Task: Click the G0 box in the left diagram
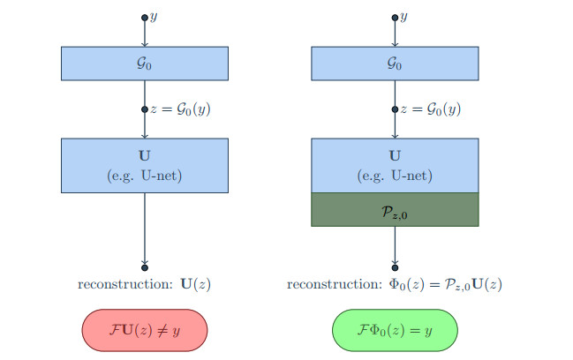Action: pos(145,64)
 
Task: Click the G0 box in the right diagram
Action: pos(395,64)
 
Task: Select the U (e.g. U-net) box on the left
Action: pos(145,165)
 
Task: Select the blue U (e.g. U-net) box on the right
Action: pos(395,165)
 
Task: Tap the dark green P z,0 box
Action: pos(395,209)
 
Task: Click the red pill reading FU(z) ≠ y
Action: pos(145,328)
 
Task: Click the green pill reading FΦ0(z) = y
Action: pos(395,328)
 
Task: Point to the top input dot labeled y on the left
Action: pos(145,18)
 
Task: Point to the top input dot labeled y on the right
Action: pos(395,18)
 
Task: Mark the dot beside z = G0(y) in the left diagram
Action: pos(145,109)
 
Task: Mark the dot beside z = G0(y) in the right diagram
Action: pos(395,109)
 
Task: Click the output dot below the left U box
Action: pos(145,266)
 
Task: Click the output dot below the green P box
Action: pos(395,266)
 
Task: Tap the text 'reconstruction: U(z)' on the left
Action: pos(145,284)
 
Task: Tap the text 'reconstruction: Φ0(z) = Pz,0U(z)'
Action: pos(395,284)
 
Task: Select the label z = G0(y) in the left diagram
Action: pos(181,109)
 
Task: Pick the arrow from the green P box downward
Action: pos(395,244)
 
